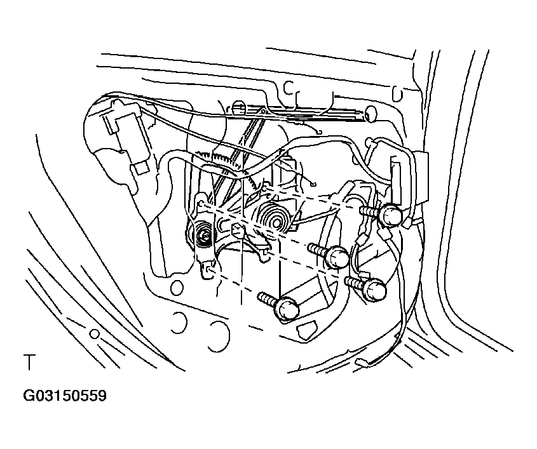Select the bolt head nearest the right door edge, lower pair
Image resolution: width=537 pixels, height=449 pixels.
point(375,290)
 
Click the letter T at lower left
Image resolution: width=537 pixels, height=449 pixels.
point(29,363)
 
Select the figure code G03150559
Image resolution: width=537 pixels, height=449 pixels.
point(65,396)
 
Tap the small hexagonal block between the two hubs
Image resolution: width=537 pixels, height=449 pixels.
point(238,231)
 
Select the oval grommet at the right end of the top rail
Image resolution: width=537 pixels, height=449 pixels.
point(369,112)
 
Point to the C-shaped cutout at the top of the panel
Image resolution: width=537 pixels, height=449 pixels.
point(289,88)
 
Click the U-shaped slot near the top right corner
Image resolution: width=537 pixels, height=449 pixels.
point(397,95)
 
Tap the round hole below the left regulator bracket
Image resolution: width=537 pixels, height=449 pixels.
point(177,287)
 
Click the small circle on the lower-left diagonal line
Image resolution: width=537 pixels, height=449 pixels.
point(94,333)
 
